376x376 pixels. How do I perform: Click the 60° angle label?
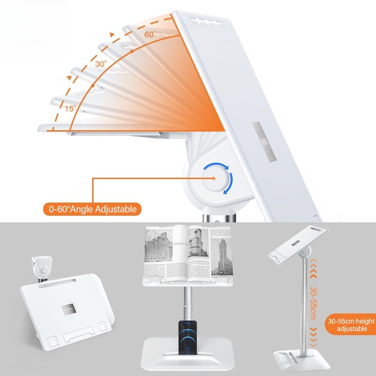[149, 34]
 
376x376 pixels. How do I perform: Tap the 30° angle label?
[101, 63]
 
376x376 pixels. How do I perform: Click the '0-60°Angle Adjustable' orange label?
[92, 208]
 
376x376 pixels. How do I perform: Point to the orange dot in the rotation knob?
[214, 179]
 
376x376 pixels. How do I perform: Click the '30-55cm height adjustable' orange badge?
[349, 325]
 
